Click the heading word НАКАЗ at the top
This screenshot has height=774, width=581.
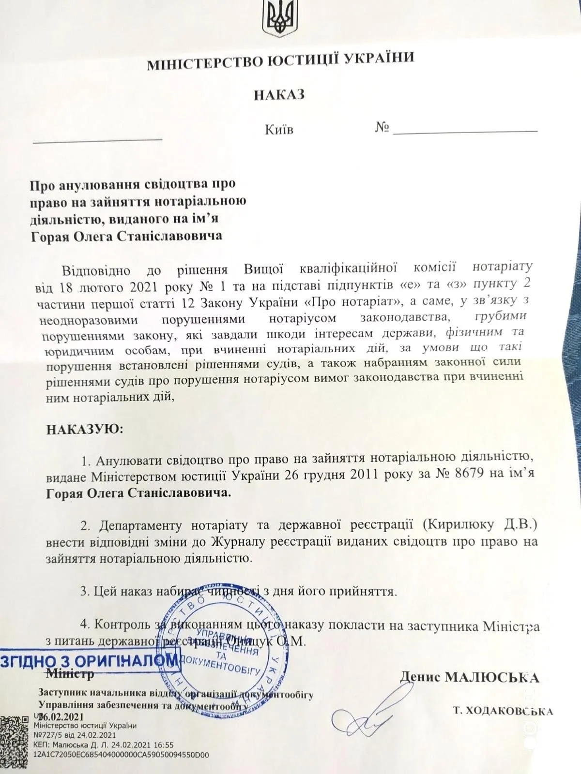(279, 94)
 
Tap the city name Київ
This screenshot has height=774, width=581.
(279, 130)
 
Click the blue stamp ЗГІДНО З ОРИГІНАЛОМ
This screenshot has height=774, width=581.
(89, 660)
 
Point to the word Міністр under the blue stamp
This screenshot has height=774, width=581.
(70, 673)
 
